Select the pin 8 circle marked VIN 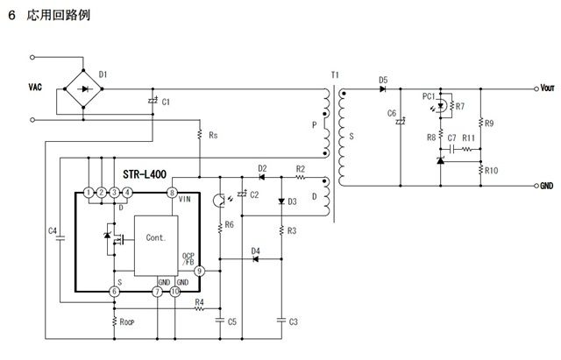pyautogui.click(x=173, y=192)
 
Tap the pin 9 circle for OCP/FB pyautogui.click(x=199, y=272)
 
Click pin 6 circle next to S pyautogui.click(x=114, y=292)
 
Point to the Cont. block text pyautogui.click(x=156, y=238)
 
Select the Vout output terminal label pyautogui.click(x=547, y=88)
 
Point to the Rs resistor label pyautogui.click(x=213, y=136)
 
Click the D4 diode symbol pyautogui.click(x=256, y=260)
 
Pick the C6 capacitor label pyautogui.click(x=391, y=114)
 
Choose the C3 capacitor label pyautogui.click(x=293, y=322)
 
